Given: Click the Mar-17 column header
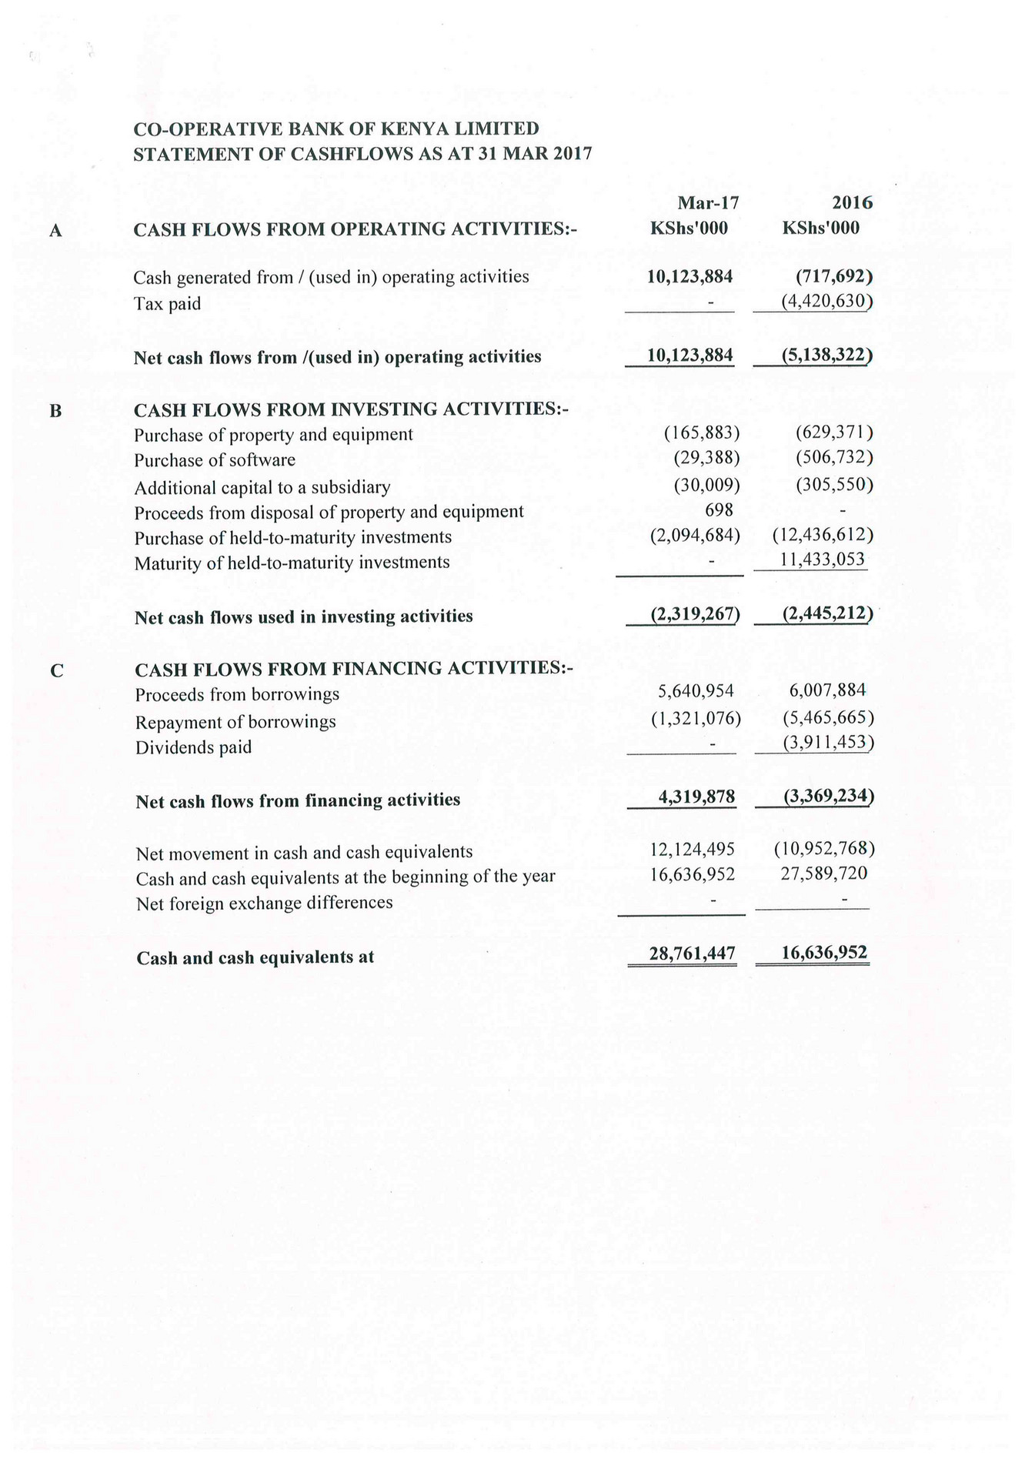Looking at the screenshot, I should tap(707, 203).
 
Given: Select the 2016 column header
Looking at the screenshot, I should tap(852, 203).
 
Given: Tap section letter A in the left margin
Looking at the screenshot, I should tap(55, 230).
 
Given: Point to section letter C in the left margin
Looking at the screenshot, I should tap(56, 671).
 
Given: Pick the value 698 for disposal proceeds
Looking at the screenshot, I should tap(719, 510).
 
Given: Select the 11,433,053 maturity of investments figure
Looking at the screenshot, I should tap(823, 560).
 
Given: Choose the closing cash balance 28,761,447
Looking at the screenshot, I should tap(692, 954).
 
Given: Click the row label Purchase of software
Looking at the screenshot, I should tap(215, 460).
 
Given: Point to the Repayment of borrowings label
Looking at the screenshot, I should tap(235, 722).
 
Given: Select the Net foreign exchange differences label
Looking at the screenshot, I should tap(264, 903).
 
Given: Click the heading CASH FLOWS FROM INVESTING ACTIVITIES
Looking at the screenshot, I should tap(351, 409).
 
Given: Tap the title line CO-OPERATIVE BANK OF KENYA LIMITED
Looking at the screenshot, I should tap(336, 129).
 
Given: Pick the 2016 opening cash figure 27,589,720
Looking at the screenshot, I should tap(824, 874).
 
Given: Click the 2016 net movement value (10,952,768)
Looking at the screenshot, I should tap(824, 848).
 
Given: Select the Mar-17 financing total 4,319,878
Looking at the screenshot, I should tap(696, 797).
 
